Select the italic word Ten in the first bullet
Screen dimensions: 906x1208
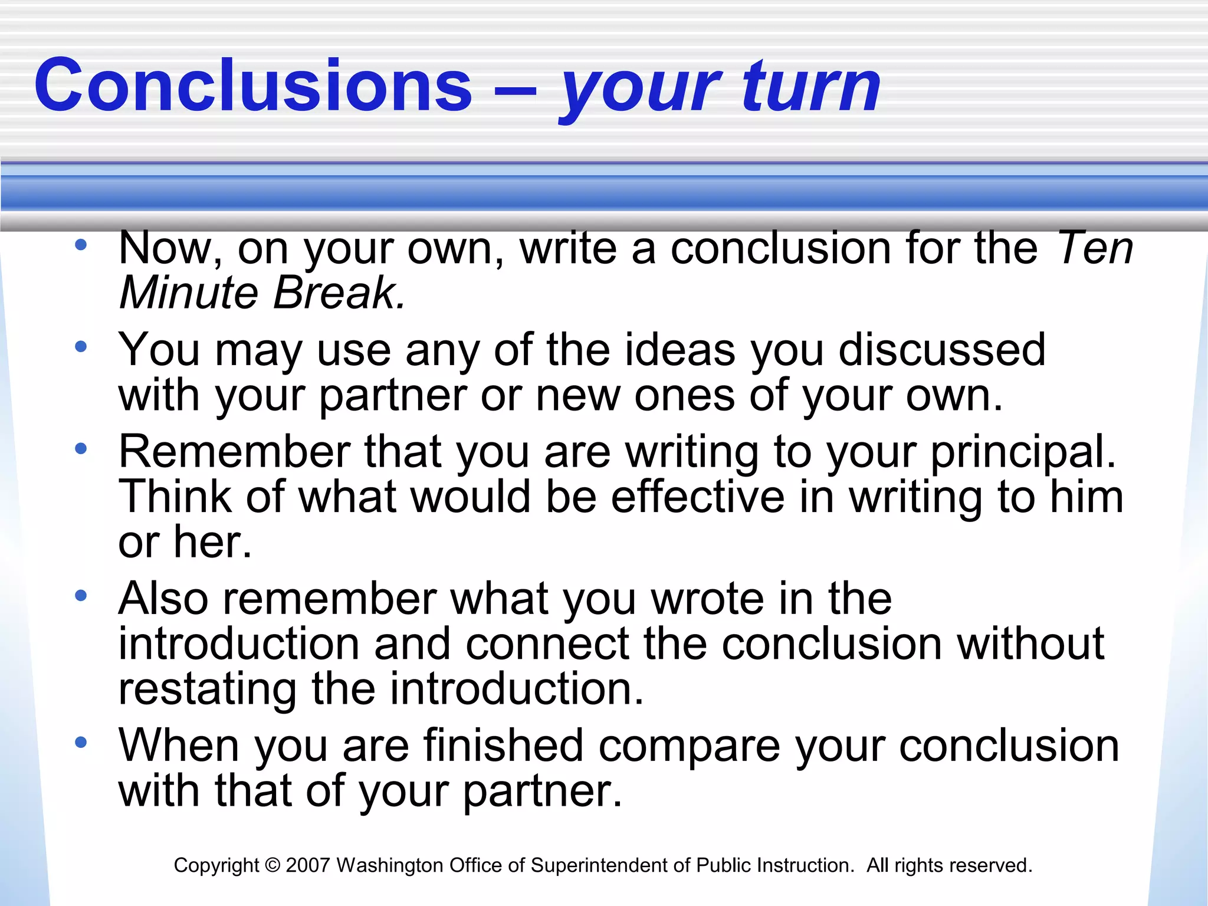[x=1094, y=248]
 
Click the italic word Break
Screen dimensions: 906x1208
[x=339, y=293]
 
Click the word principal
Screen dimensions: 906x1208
[x=1023, y=452]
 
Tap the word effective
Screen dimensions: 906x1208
[x=697, y=497]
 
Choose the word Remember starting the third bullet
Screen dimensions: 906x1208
[x=234, y=452]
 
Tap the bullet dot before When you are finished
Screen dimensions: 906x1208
[x=81, y=742]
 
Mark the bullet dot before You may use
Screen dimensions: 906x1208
[x=81, y=346]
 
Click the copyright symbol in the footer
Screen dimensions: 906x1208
[x=273, y=865]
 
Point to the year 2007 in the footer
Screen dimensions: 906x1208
[x=307, y=865]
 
